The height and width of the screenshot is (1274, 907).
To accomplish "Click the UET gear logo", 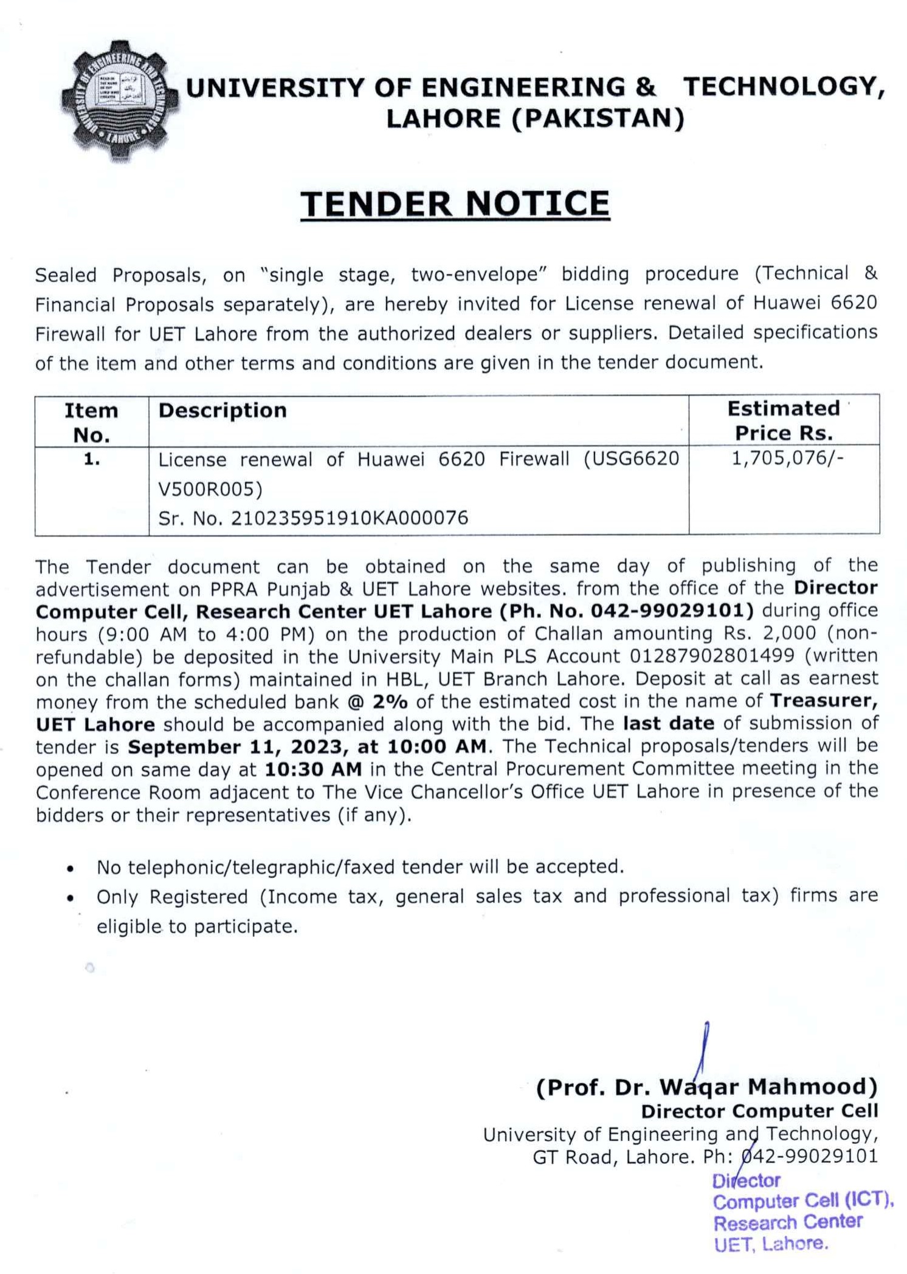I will [x=120, y=101].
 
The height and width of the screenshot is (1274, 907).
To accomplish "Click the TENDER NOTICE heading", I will [x=455, y=204].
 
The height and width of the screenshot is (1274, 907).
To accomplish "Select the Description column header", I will [x=222, y=411].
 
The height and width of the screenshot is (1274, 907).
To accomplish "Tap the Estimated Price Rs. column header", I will [x=784, y=420].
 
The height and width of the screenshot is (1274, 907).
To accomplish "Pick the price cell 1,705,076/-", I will [x=787, y=458].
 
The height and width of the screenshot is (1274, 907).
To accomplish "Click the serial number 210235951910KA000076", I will [x=350, y=518].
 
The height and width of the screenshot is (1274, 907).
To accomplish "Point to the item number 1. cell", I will [x=92, y=460].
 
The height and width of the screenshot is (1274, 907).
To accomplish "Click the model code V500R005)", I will [x=210, y=488].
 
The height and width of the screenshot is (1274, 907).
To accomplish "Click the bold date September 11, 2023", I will [x=234, y=747].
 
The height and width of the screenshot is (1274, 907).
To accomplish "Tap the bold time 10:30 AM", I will [x=313, y=770].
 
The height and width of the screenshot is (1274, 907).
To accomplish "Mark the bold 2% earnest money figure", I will [x=390, y=702].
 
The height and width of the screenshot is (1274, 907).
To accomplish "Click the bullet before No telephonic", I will [x=72, y=869].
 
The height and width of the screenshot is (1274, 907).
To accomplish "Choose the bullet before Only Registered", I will [x=72, y=898].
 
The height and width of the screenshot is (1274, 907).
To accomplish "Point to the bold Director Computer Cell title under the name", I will [x=759, y=1111].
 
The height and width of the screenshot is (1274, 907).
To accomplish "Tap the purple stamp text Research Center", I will [x=787, y=1222].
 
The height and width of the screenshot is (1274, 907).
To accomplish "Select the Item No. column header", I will [x=92, y=423].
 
